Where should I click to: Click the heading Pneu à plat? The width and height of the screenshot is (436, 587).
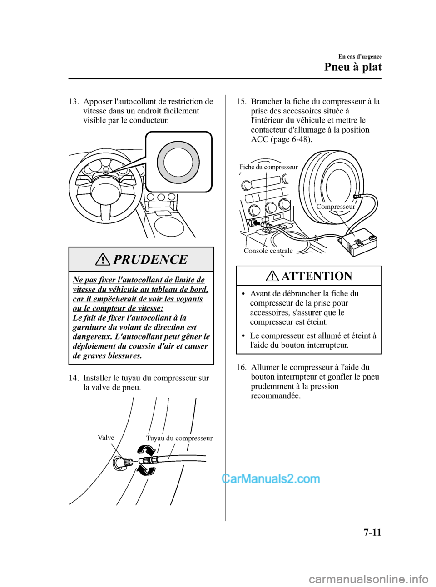pyautogui.click(x=353, y=67)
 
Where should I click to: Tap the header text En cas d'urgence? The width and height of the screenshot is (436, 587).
pyautogui.click(x=360, y=57)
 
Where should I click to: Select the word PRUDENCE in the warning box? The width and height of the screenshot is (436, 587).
pyautogui.click(x=150, y=260)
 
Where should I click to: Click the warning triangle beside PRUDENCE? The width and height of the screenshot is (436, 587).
pyautogui.click(x=103, y=260)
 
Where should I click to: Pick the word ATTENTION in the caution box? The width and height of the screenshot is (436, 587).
pyautogui.click(x=317, y=276)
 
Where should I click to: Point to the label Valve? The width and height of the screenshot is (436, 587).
pyautogui.click(x=106, y=438)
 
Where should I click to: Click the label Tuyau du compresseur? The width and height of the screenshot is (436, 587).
pyautogui.click(x=179, y=439)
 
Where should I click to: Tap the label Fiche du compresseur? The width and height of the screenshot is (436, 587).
pyautogui.click(x=268, y=167)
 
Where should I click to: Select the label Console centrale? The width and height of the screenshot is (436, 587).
pyautogui.click(x=268, y=251)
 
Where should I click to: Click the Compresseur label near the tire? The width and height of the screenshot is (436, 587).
pyautogui.click(x=336, y=207)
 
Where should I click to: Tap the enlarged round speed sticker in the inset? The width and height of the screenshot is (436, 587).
pyautogui.click(x=178, y=162)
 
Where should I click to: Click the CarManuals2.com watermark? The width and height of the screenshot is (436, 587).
pyautogui.click(x=271, y=479)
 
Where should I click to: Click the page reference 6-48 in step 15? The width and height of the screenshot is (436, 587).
pyautogui.click(x=297, y=139)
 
